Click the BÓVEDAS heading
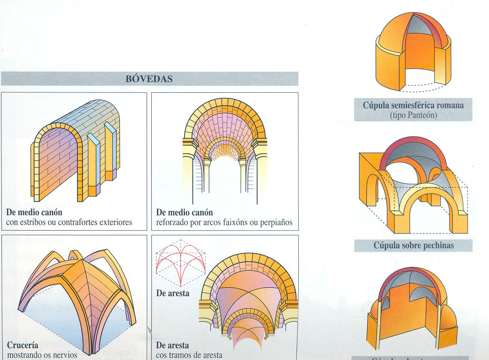click(149, 79)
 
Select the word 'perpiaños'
click(276, 222)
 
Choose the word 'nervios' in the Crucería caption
click(63, 355)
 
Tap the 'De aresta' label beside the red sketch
click(172, 293)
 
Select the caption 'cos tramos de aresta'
click(189, 355)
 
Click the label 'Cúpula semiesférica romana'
click(413, 105)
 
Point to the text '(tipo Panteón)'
click(413, 115)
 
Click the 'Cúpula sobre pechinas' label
click(413, 245)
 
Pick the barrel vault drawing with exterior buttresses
click(75, 150)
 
